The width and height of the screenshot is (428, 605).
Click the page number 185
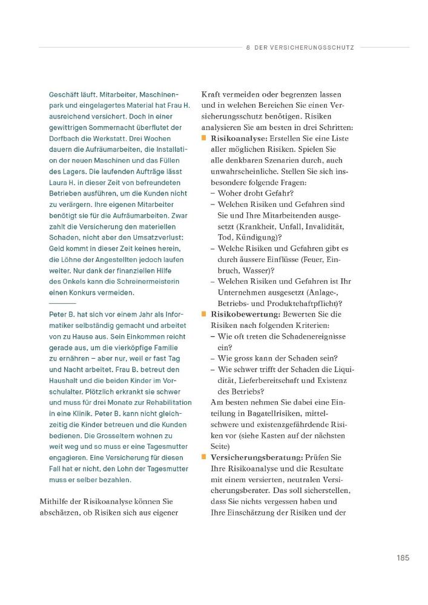[x=403, y=557]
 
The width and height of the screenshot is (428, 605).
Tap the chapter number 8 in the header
[x=248, y=47]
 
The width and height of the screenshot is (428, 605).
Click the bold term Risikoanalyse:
[x=239, y=139]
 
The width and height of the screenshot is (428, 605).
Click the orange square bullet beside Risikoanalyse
[x=205, y=139]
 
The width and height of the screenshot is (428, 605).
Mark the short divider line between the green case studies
[x=62, y=302]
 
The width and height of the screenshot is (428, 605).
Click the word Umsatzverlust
[x=155, y=238]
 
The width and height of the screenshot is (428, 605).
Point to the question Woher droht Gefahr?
[x=255, y=193]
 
